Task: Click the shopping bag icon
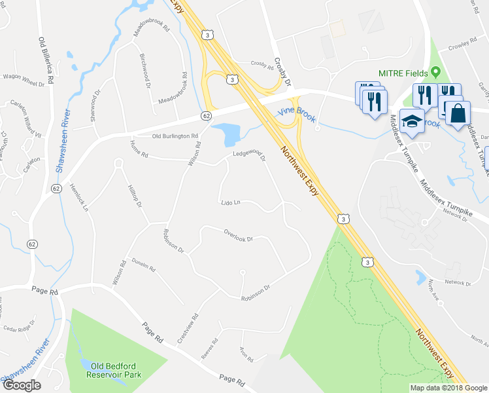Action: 458,112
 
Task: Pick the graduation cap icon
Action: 411,121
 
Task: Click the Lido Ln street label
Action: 231,202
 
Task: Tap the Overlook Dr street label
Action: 238,235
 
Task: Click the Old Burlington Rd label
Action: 175,136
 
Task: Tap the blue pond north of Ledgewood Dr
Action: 228,132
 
